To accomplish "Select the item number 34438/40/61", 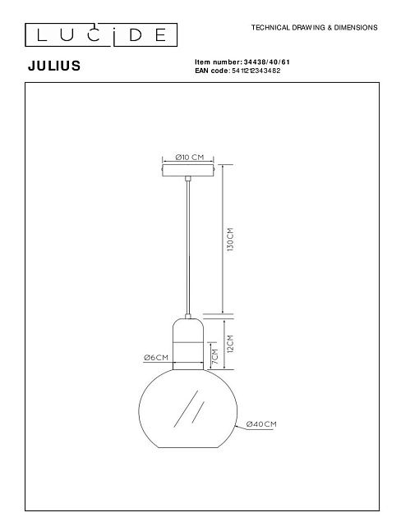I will (268, 62).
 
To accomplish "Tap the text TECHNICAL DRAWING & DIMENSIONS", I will (314, 28).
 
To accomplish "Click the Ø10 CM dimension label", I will (190, 156).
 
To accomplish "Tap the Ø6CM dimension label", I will (155, 358).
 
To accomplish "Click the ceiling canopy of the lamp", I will (189, 170).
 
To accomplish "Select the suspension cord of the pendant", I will (189, 246).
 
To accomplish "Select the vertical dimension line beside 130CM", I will (222, 239).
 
